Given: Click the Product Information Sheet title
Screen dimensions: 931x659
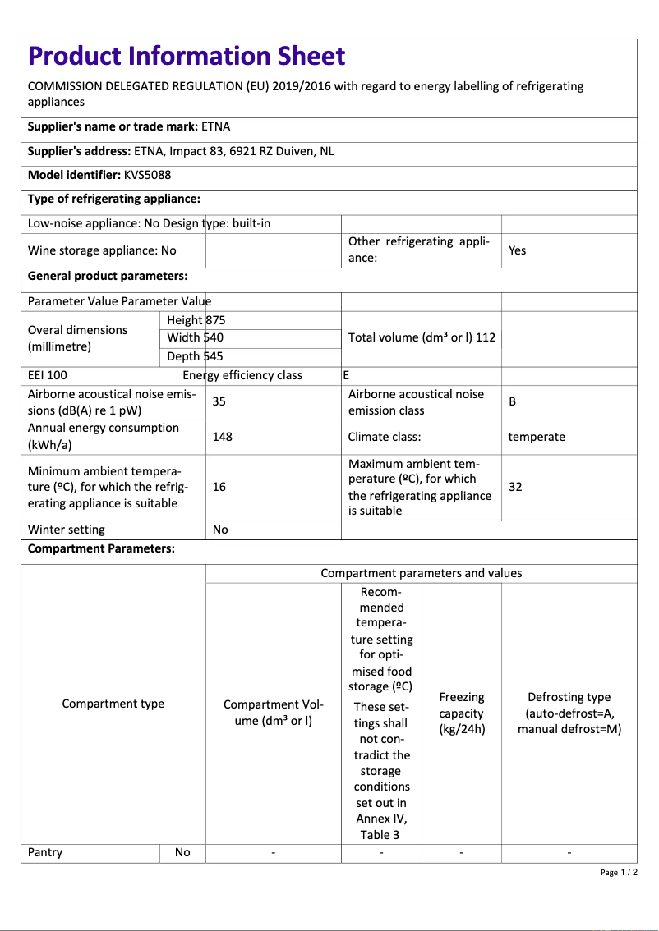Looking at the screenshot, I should coord(187,56).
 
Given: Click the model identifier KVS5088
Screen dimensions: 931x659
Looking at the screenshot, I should coord(148,175).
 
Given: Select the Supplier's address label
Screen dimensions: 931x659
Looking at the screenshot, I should coord(79,151).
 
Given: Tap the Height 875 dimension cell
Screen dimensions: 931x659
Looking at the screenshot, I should coord(196,320).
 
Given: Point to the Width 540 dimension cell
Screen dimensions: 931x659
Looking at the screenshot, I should coord(196,337).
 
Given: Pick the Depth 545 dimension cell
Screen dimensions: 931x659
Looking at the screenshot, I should coord(196,356).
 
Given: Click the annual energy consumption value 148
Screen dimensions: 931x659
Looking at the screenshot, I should coord(222,437).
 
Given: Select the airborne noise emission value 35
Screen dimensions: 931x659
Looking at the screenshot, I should coord(219,401).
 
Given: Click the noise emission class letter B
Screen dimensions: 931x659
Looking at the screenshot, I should coord(513,401).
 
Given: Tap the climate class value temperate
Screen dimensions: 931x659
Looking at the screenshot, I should coord(537,437).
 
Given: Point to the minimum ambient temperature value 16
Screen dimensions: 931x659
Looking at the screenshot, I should coord(219,487).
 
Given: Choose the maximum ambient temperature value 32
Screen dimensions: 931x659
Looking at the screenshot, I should coord(515,487).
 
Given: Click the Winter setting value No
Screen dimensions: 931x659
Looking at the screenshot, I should coord(220,530).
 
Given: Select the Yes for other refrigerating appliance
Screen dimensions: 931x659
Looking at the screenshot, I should coord(517,250).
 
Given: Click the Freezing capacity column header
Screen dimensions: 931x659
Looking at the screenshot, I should coord(462,713).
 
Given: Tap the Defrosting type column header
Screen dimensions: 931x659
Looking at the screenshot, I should coord(569,713).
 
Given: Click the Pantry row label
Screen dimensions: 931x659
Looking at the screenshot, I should coord(45,852).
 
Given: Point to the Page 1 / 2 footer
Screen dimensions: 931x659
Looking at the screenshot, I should coord(619,872).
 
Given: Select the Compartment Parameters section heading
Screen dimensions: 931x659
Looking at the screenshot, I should coord(101,548).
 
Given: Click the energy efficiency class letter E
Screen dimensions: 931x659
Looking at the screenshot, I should coord(346,375).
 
